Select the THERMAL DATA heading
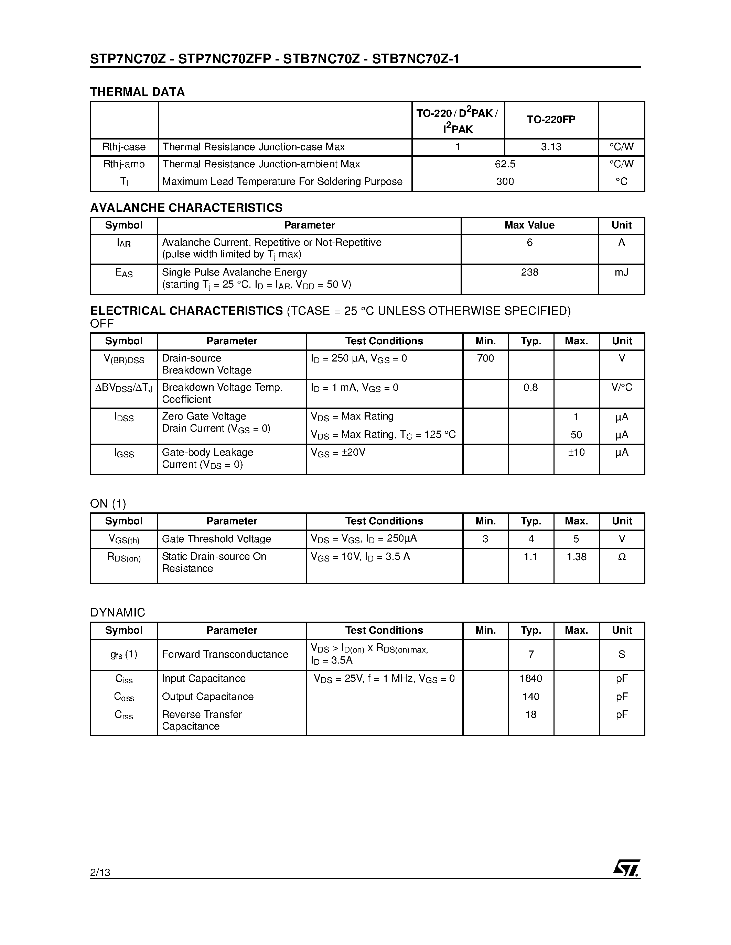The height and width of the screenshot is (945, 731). pos(137,92)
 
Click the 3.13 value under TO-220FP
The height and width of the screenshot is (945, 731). pos(551,147)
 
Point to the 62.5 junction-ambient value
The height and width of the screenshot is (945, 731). pos(505,164)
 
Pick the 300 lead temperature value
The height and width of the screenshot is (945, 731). pos(505,182)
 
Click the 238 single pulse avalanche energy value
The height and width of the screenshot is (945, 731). pos(529,273)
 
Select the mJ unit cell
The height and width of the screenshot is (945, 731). pos(622,273)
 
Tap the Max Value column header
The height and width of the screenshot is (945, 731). pos(529,225)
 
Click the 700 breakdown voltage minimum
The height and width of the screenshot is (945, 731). pos(485,358)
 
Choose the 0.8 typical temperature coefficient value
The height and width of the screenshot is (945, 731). pos(530,388)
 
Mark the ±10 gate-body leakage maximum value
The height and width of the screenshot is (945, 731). pos(576,453)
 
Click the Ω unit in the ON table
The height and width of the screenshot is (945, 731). pos(622,557)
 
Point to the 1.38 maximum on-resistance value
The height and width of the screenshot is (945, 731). pos(577,557)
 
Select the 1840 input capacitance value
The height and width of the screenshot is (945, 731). pos(530,678)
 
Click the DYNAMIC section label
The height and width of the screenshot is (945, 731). pos(117,613)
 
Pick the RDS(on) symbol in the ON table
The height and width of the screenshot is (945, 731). pos(124,557)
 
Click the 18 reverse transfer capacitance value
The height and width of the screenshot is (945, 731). pos(530,714)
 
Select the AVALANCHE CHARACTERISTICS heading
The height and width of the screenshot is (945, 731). pos(186,208)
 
